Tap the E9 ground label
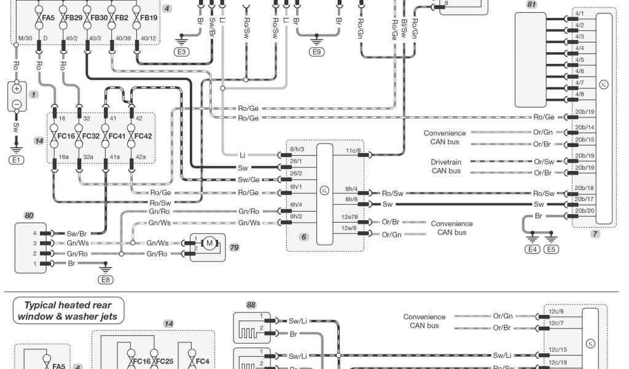point(316,52)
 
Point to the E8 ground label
point(106,279)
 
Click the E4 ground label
point(532,249)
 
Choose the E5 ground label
point(552,249)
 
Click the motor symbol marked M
point(209,244)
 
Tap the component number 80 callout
point(29,215)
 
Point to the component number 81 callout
point(532,5)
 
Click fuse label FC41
point(117,136)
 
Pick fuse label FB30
point(99,18)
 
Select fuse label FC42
point(143,136)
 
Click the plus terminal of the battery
point(17,89)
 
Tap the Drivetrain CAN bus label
point(446,166)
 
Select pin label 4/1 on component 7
point(579,13)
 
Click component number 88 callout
point(250,304)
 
